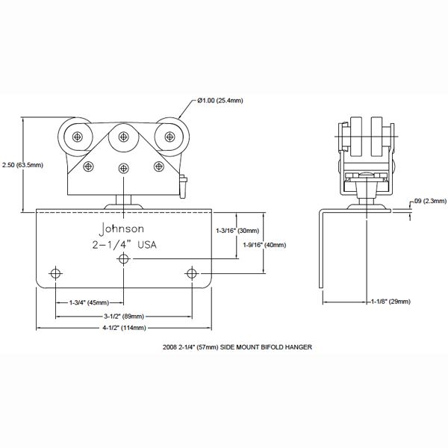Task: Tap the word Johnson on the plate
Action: pyautogui.click(x=123, y=228)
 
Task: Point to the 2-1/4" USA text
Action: pyautogui.click(x=124, y=245)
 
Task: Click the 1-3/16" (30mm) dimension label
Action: pyautogui.click(x=237, y=231)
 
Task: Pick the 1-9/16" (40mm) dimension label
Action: pyautogui.click(x=265, y=244)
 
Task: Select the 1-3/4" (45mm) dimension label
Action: pyautogui.click(x=89, y=302)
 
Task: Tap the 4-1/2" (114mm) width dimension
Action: pyautogui.click(x=124, y=328)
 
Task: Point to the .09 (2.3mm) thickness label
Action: pyautogui.click(x=429, y=200)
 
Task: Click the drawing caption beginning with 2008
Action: pyautogui.click(x=236, y=348)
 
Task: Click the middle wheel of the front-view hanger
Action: pyautogui.click(x=124, y=136)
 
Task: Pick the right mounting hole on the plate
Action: pyautogui.click(x=193, y=273)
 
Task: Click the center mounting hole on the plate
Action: pyautogui.click(x=124, y=258)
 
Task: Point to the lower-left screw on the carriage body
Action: pyautogui.click(x=90, y=166)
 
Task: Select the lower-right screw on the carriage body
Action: pyautogui.click(x=158, y=166)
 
